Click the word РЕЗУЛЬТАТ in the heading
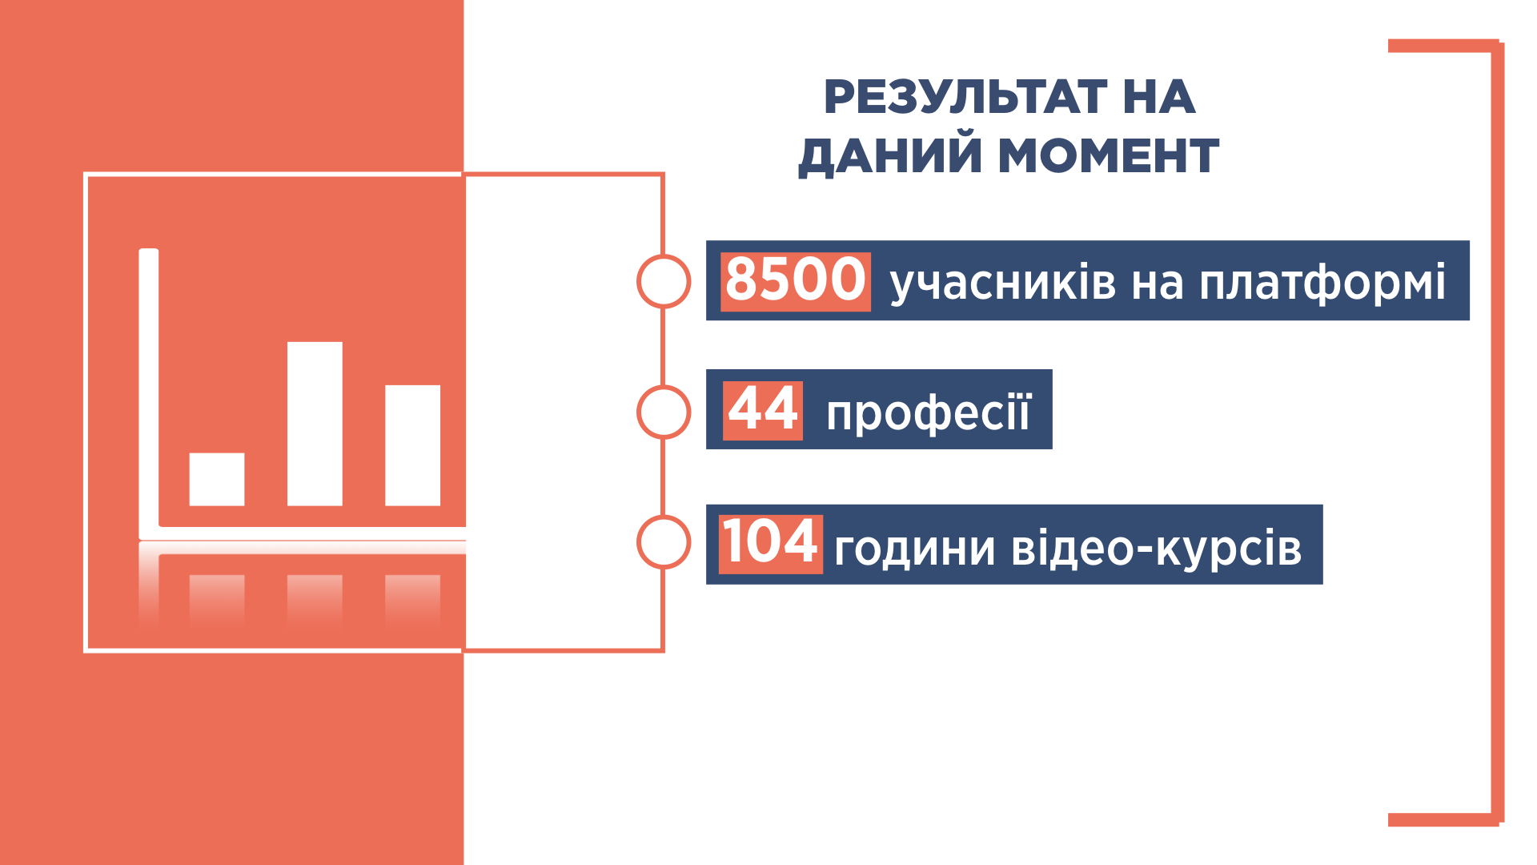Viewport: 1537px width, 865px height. (965, 97)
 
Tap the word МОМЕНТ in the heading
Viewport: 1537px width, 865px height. (1109, 155)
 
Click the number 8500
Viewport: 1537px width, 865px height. (796, 280)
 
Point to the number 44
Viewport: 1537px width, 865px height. (763, 409)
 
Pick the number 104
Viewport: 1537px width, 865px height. (770, 542)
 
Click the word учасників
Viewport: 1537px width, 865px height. (1003, 283)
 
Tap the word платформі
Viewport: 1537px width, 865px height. (1322, 283)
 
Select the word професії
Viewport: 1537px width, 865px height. (929, 413)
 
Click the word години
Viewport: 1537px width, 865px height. (915, 549)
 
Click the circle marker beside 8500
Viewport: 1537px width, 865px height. (664, 281)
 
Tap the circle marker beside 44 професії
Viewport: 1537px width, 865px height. (664, 412)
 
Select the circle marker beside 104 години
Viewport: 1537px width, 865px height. (664, 542)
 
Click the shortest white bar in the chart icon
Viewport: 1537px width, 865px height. (217, 480)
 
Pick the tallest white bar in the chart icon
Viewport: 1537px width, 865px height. (315, 424)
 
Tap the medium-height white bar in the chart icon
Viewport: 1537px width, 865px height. (412, 445)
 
